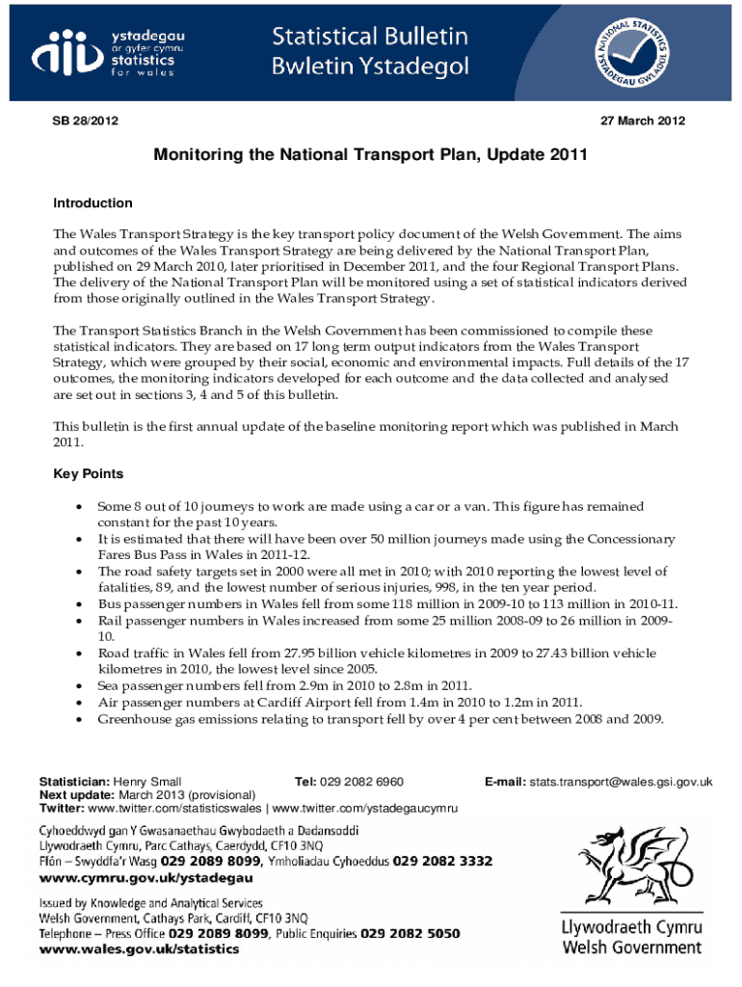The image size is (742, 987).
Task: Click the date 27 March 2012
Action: pos(643,120)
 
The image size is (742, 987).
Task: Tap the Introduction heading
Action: pos(93,203)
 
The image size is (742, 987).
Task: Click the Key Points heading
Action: pos(88,474)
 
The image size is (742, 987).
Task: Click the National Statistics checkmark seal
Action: pos(637,50)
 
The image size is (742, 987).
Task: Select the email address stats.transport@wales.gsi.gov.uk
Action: pos(620,781)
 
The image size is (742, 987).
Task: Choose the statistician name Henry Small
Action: pos(147,781)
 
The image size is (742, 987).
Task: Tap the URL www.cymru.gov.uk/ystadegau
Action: pos(146,877)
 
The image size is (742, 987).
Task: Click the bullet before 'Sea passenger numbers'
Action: pos(77,685)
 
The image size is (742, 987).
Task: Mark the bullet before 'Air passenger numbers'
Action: pos(77,702)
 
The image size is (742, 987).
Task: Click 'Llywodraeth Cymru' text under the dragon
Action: pos(631,928)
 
